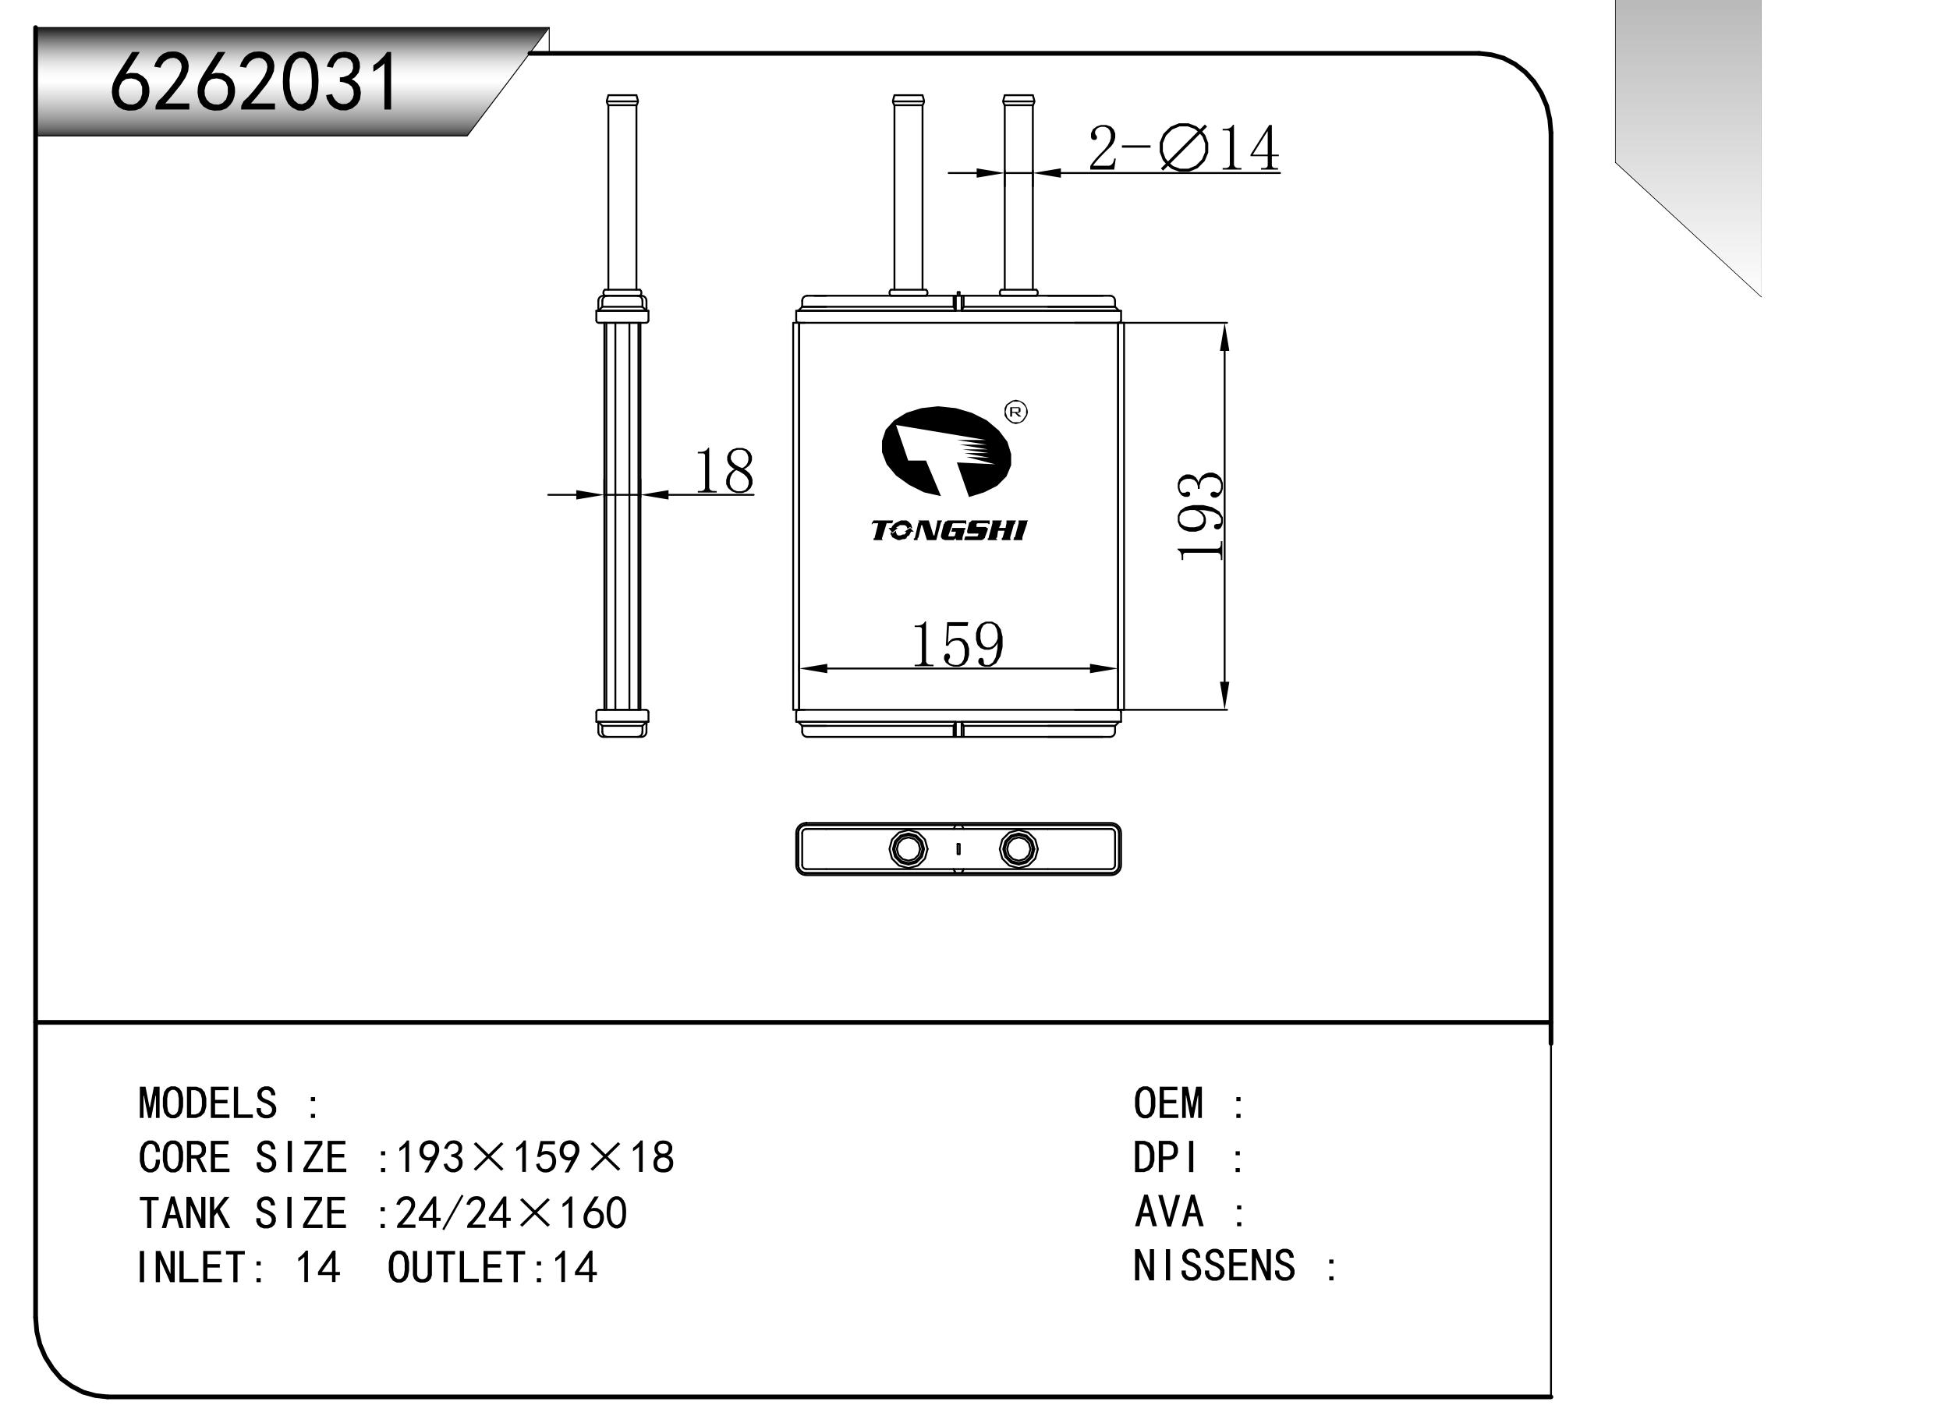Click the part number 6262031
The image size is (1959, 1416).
point(254,83)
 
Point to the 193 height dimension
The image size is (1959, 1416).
point(1201,516)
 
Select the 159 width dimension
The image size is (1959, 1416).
point(957,645)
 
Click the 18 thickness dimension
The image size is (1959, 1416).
point(724,472)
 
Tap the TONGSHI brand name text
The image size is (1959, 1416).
point(948,531)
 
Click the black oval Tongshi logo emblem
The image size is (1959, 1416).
point(946,451)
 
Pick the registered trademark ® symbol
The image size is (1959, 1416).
point(1017,412)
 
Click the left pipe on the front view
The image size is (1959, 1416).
point(908,194)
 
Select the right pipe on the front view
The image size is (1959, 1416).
point(1018,194)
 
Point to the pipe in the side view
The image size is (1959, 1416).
point(622,194)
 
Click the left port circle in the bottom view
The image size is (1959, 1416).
point(908,848)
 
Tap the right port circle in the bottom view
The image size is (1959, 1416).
point(1018,848)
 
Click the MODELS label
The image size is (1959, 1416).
point(207,1104)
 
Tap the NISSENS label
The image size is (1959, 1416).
point(1213,1266)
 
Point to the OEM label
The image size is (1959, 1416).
point(1167,1104)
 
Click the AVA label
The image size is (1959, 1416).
point(1169,1212)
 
